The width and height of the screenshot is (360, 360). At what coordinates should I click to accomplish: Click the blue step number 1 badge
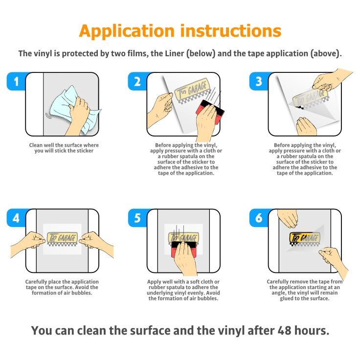point(16,81)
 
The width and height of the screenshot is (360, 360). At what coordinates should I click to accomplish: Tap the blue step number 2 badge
point(137,81)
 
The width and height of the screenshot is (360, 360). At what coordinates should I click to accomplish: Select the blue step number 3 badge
point(259,81)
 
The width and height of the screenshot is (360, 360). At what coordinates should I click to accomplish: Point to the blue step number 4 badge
point(16,218)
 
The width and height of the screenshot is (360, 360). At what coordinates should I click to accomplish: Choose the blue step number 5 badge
point(137,218)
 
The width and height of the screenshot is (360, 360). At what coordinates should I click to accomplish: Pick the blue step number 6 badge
point(259,218)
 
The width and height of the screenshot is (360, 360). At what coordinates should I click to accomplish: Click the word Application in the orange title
point(127,31)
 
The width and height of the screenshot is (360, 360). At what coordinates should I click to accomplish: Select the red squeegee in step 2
point(210,112)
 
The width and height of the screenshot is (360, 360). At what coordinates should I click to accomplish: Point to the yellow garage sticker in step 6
point(304,238)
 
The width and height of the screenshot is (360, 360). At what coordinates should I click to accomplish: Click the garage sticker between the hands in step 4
point(62,238)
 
